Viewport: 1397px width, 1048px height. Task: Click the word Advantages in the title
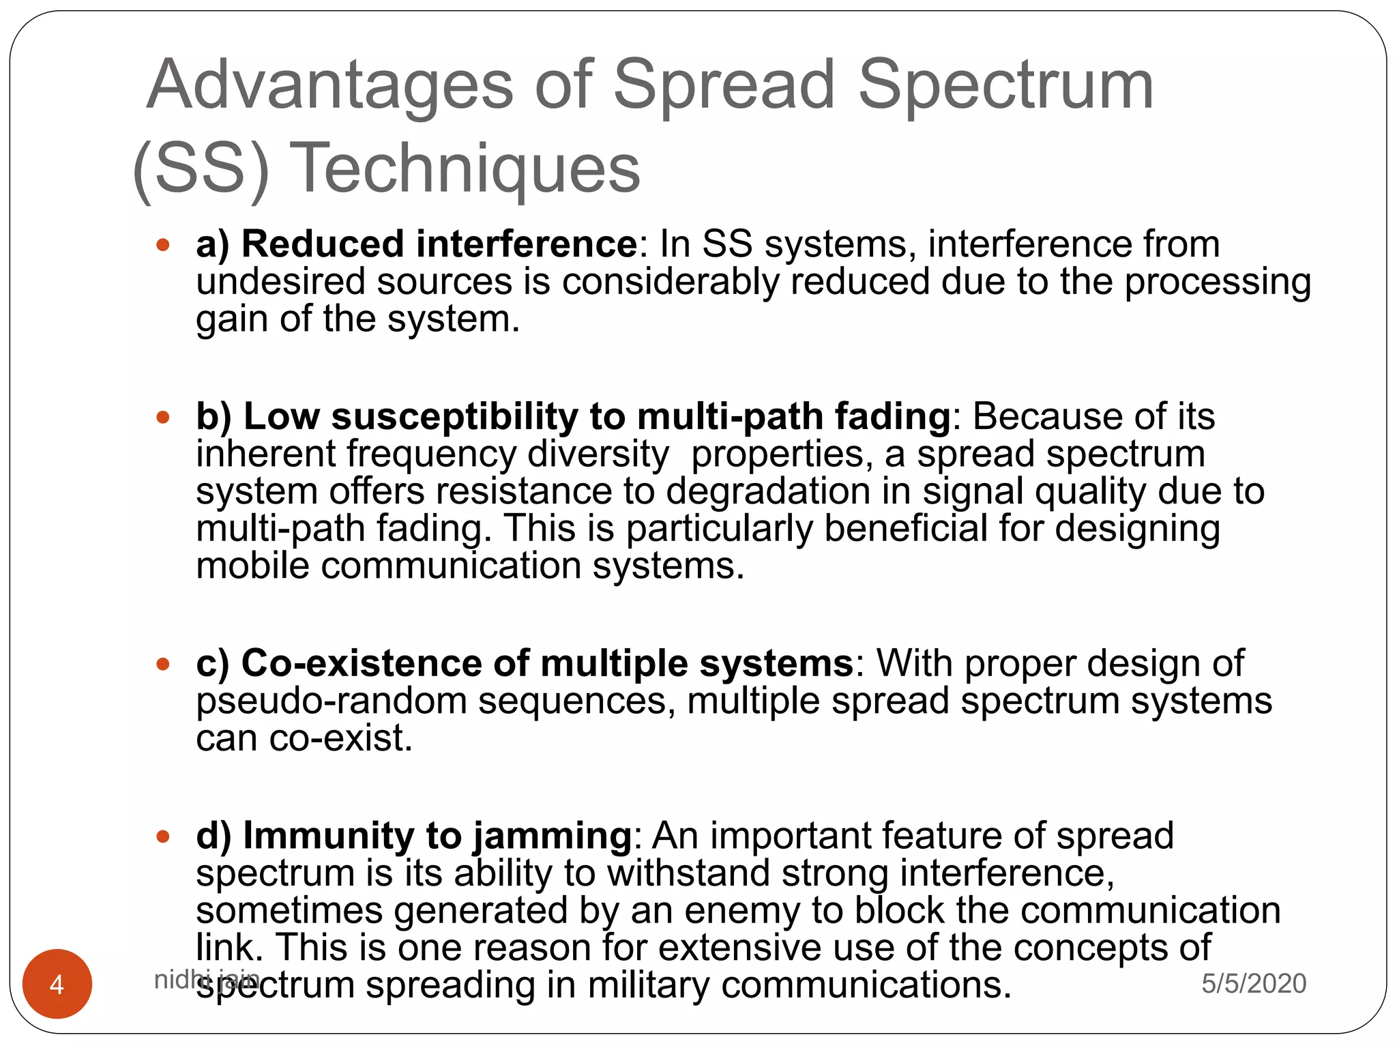(330, 85)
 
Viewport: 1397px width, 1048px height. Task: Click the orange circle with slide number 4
(57, 984)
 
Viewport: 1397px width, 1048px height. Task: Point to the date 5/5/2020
(1254, 983)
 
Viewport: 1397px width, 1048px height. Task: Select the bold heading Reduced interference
(439, 244)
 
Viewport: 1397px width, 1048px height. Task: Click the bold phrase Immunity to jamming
(438, 836)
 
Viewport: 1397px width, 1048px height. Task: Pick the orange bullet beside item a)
(163, 245)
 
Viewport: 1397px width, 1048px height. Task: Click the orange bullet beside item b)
(163, 417)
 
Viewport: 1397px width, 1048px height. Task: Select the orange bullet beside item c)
(163, 664)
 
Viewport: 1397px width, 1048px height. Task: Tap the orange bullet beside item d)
(163, 836)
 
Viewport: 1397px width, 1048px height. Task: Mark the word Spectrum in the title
(1005, 85)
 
